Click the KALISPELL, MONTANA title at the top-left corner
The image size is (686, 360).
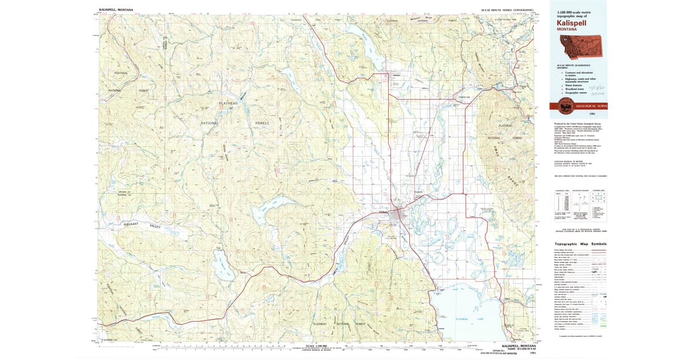point(115,9)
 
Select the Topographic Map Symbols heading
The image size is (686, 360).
point(580,244)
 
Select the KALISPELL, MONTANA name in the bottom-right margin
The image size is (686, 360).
point(519,346)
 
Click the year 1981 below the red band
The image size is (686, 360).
point(576,114)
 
